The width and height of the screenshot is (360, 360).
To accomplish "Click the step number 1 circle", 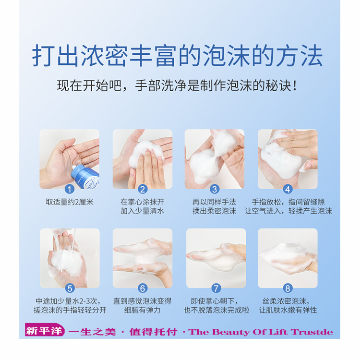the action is click(70, 190).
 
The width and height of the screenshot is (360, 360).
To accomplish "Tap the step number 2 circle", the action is click(143, 190).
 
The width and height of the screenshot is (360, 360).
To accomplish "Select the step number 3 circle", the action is click(215, 190).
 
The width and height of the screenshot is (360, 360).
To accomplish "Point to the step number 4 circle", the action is click(288, 190).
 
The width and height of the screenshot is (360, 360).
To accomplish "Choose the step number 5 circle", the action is click(70, 288).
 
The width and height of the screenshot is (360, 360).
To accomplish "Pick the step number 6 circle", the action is click(143, 288).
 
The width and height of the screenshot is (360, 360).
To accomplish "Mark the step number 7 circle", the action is click(216, 288).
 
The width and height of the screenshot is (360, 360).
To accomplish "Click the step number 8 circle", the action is click(288, 288).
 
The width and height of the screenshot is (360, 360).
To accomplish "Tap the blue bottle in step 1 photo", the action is click(85, 177).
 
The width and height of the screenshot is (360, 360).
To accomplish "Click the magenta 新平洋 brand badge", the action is click(45, 331).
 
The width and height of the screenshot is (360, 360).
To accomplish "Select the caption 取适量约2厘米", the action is click(70, 202).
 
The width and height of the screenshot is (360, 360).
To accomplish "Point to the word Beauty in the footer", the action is click(231, 332).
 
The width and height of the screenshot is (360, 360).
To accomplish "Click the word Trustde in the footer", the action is click(312, 332).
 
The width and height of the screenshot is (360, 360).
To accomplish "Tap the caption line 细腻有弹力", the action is click(143, 310).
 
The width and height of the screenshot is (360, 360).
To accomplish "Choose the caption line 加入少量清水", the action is click(143, 211).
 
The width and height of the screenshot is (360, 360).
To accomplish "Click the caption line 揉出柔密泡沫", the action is click(215, 211).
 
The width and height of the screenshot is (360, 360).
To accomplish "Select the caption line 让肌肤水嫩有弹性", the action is click(288, 310).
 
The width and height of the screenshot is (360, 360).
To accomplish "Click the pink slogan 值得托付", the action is click(153, 332).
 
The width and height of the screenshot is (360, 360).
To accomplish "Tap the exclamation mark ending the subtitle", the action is click(295, 86).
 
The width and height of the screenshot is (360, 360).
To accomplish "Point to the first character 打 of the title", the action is click(43, 56).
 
